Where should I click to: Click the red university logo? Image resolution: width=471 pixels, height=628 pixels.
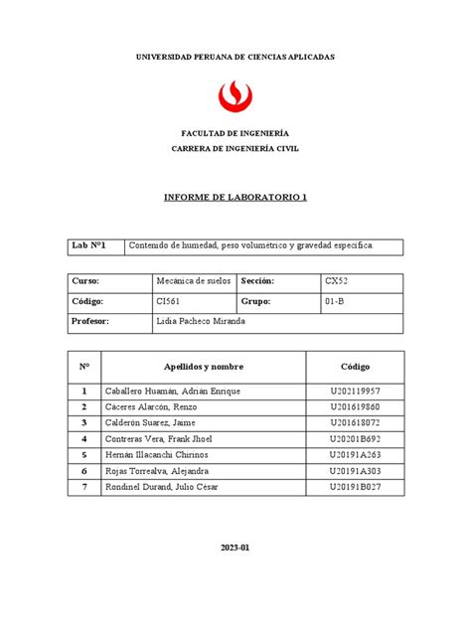point(235,97)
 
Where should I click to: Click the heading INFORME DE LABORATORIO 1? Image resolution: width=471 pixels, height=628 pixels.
point(235,197)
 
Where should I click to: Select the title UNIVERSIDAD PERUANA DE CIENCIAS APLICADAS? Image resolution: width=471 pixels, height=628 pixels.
point(235,58)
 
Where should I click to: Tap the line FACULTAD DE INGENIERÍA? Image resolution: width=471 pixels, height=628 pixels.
point(235,132)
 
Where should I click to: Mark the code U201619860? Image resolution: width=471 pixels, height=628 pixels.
point(355,407)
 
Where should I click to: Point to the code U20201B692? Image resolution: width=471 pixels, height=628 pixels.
point(355,438)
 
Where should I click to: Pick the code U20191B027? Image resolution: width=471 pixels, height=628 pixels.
point(355,486)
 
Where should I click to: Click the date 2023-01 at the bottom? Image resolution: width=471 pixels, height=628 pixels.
point(235,548)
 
